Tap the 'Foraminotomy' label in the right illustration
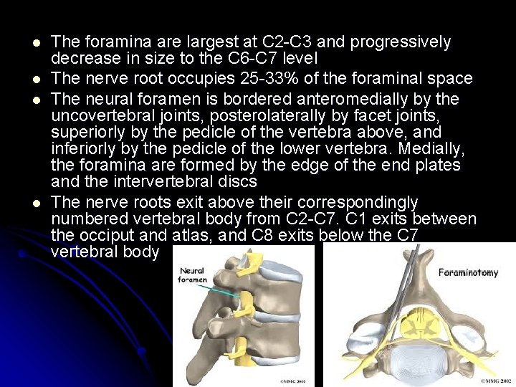point(468,272)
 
